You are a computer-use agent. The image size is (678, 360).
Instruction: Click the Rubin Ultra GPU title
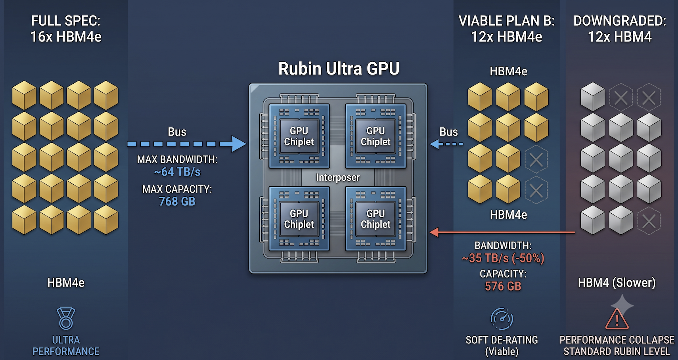(x=339, y=69)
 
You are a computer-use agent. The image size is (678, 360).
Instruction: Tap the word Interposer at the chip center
(x=338, y=178)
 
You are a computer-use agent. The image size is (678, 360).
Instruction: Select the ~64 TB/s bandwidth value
(x=177, y=172)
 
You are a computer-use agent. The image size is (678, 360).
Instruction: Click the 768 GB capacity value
(x=177, y=202)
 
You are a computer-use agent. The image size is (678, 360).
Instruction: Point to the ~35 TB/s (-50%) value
(x=503, y=258)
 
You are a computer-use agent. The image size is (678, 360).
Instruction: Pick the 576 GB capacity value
(x=503, y=286)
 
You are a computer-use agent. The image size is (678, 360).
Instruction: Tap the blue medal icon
(x=66, y=318)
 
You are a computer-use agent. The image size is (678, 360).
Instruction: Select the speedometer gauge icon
(x=502, y=319)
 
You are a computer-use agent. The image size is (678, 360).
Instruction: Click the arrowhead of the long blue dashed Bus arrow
(x=238, y=144)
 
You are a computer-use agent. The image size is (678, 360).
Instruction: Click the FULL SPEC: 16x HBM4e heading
(x=66, y=29)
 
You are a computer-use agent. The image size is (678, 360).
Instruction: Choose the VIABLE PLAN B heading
(x=506, y=29)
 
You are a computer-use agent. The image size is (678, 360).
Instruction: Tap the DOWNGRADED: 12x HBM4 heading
(x=620, y=29)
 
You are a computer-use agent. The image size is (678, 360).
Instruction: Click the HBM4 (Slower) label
(x=617, y=283)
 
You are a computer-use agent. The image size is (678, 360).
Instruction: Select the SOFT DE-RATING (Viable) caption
(x=502, y=346)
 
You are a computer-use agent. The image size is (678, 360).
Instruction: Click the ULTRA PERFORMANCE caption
(x=66, y=346)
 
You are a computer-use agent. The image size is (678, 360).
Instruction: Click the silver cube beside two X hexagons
(x=592, y=97)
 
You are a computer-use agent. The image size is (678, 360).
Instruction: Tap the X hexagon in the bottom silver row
(x=649, y=221)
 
